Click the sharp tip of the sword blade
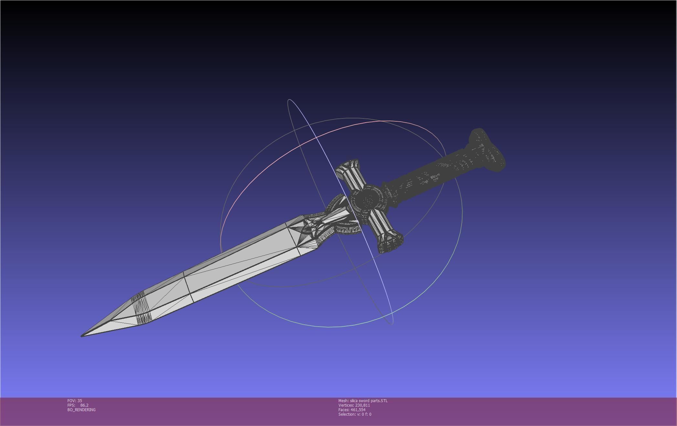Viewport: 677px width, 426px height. coord(82,336)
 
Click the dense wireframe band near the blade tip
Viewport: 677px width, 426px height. coord(142,308)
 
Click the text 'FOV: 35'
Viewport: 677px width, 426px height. coord(75,401)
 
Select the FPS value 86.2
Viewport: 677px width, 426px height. coord(84,405)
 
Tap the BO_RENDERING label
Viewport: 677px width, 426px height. coord(81,410)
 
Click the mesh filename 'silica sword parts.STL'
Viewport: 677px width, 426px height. coord(369,401)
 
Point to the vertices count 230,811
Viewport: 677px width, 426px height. coord(362,405)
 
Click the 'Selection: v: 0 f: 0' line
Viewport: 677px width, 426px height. coord(355,414)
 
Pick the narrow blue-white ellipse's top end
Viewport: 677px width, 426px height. coord(289,100)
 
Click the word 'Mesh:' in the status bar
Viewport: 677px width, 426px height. coord(343,401)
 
